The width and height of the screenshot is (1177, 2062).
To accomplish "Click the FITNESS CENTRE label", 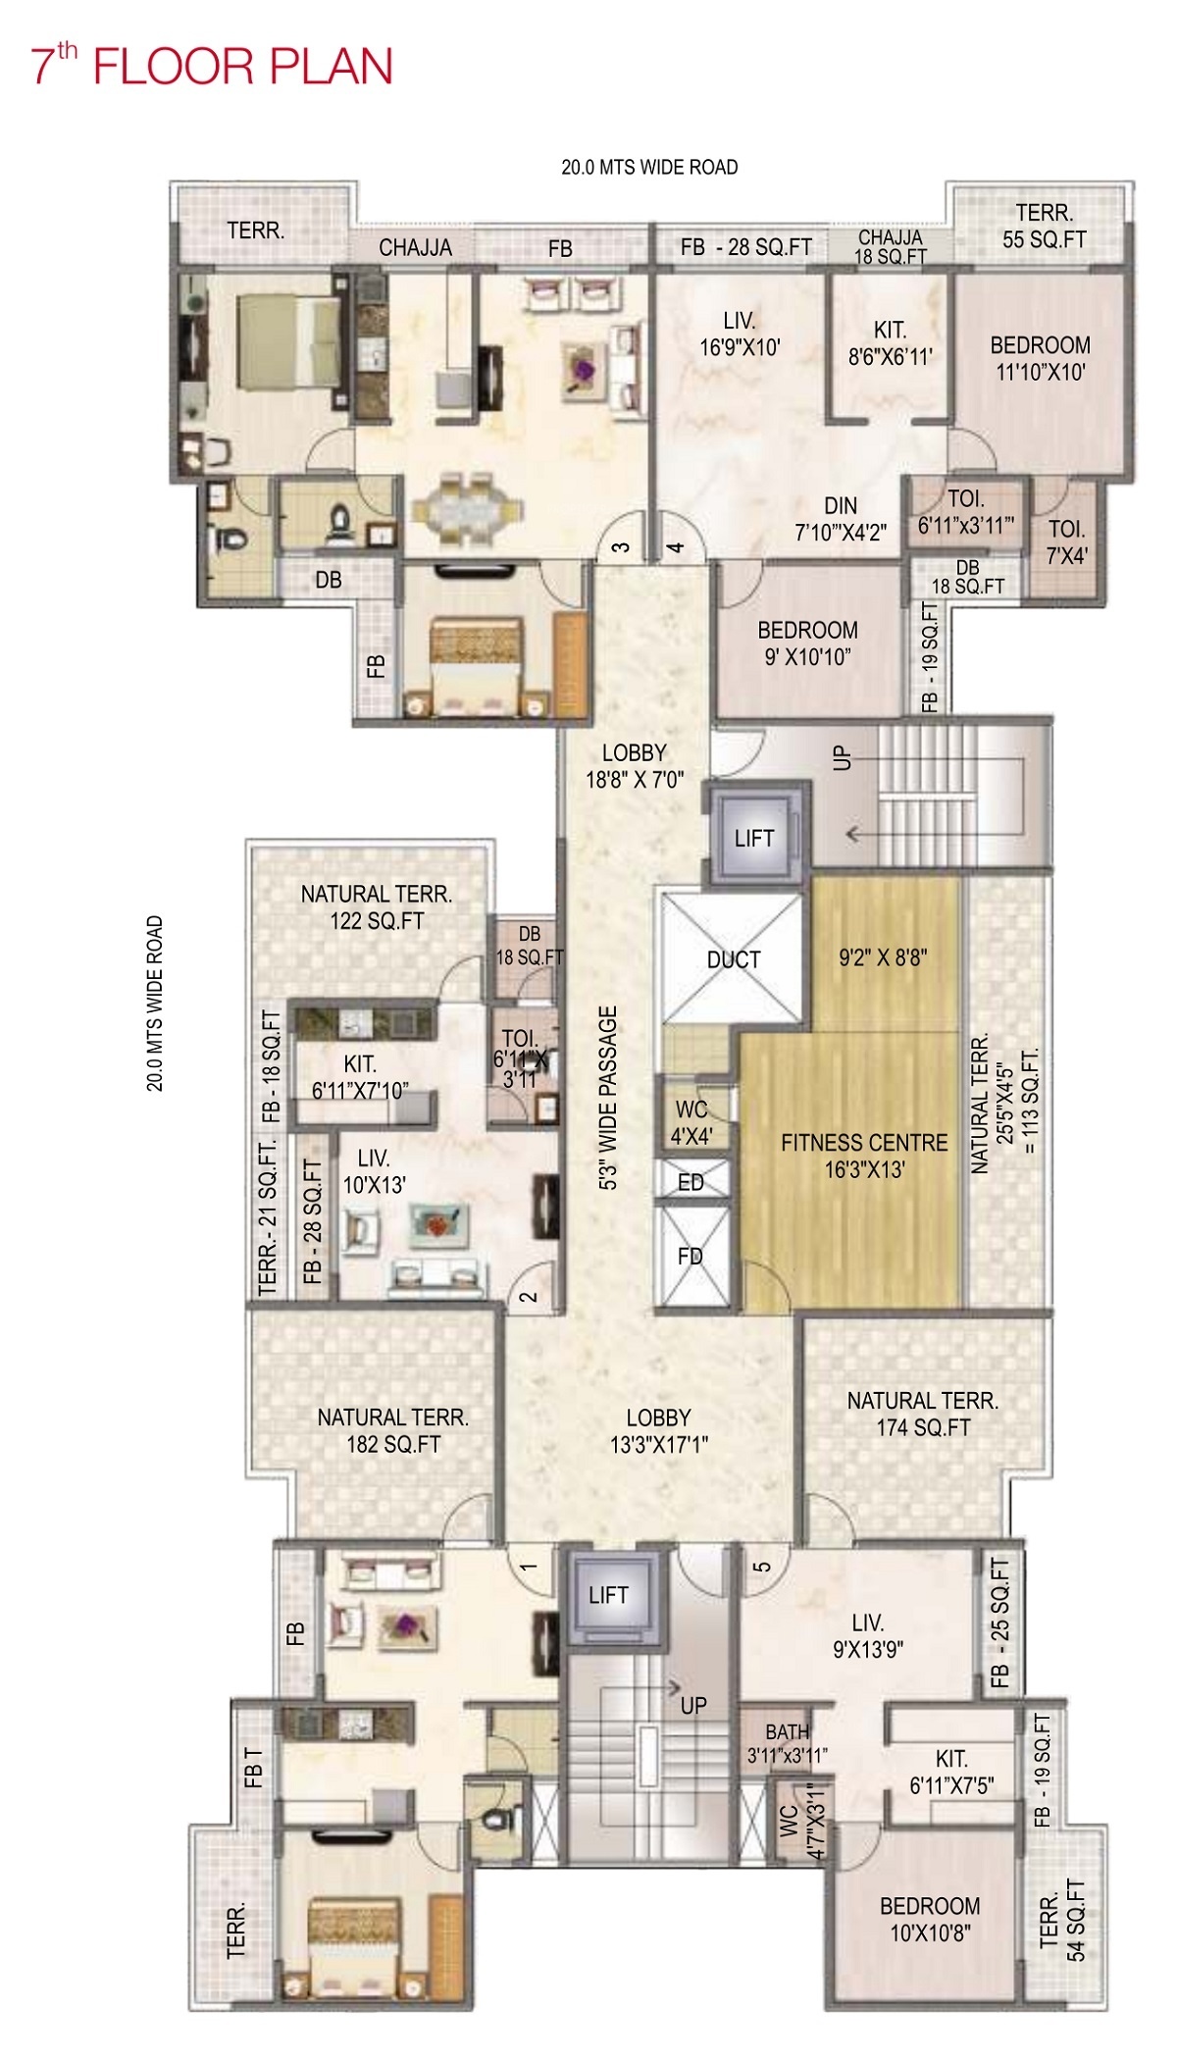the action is (x=864, y=1156).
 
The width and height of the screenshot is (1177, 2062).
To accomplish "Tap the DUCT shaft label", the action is (x=734, y=959).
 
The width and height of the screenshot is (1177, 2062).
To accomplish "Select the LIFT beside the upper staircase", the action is (x=754, y=838).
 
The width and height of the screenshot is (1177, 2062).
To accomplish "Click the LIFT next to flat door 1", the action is (x=608, y=1595).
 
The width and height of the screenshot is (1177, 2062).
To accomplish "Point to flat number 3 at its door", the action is (x=621, y=546).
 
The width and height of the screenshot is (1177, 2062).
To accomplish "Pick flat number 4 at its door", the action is (x=676, y=546).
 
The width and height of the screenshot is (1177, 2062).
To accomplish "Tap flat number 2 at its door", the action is (x=529, y=1297).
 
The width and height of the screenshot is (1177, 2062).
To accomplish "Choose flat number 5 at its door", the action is (x=762, y=1567).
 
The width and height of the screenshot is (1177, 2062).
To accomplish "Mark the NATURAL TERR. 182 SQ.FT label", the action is (x=393, y=1430).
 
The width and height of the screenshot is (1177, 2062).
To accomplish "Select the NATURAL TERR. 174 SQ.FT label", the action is (x=923, y=1414).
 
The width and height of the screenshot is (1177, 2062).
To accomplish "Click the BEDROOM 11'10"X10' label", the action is (x=1041, y=358).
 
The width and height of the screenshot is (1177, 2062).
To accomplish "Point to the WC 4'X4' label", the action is (x=691, y=1123).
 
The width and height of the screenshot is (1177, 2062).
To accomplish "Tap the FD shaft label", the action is (x=691, y=1256).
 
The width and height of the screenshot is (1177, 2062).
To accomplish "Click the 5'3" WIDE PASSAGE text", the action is (x=609, y=1098).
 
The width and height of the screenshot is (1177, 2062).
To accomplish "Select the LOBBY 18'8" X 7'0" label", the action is (x=635, y=766).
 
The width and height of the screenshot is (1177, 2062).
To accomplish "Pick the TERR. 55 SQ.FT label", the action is (x=1045, y=226).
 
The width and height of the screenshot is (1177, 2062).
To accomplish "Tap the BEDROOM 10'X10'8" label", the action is (x=930, y=1919).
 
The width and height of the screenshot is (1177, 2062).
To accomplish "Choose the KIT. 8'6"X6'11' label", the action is (x=891, y=343).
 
